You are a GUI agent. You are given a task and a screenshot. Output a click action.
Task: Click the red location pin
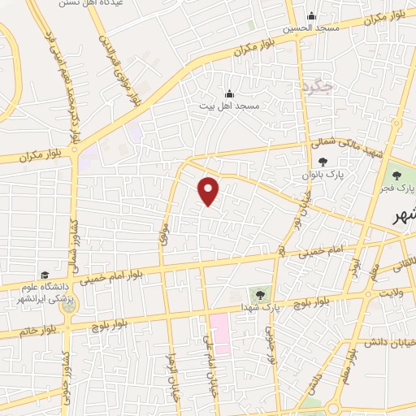pos(209,191)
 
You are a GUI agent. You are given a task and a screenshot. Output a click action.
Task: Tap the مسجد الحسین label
pos(310,28)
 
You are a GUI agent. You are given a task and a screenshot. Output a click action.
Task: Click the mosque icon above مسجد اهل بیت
pos(229,93)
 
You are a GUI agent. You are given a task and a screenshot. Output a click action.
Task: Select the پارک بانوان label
pos(330,175)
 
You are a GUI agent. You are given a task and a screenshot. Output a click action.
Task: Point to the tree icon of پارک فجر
pos(397,174)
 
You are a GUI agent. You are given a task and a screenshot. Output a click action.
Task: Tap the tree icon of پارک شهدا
pos(260,295)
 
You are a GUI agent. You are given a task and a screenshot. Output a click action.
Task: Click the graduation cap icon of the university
pos(45,275)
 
